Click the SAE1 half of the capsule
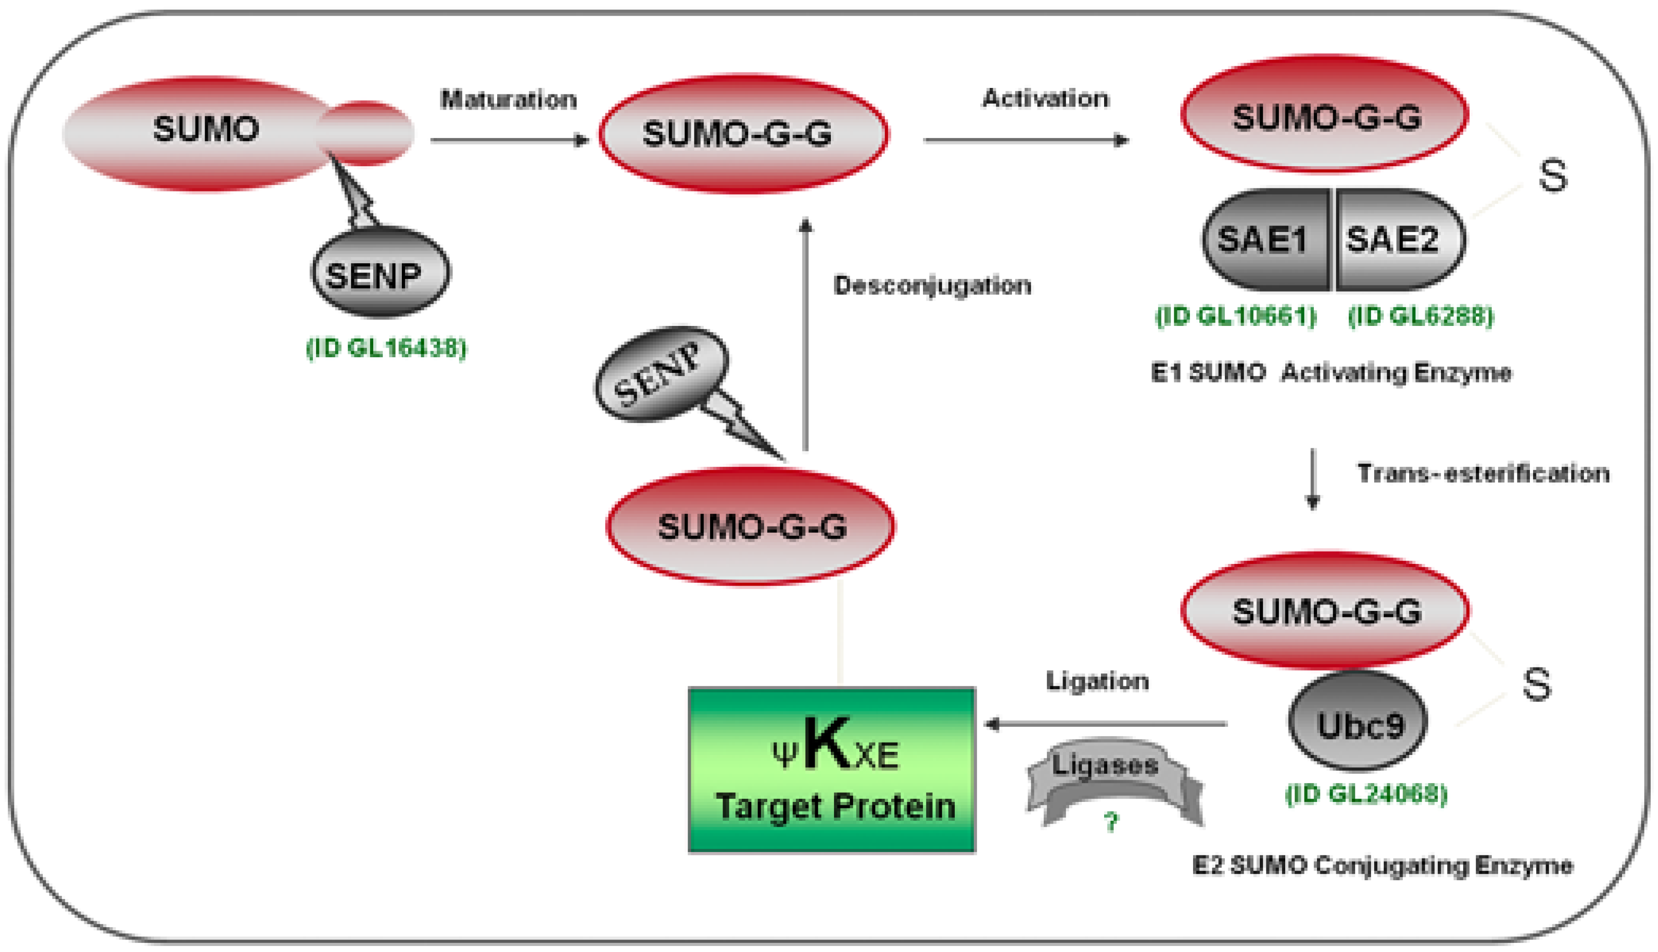click(1264, 240)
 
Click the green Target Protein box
click(831, 770)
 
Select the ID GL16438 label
click(386, 348)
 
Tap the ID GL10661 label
click(1235, 316)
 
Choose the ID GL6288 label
click(1421, 316)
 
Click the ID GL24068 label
click(1366, 795)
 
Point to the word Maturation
click(508, 100)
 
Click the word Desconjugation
click(932, 286)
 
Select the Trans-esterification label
click(1482, 473)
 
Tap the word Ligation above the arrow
click(1097, 681)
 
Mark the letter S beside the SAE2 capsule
click(1552, 175)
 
